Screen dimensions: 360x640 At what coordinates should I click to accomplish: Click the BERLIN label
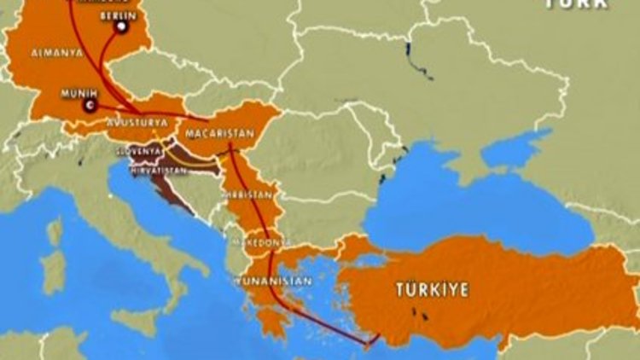[x=116, y=16]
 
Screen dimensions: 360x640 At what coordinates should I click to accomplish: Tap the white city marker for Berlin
[x=121, y=27]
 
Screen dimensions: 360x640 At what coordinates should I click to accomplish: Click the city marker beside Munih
[x=90, y=106]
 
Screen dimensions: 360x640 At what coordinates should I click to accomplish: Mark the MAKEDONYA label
[x=254, y=243]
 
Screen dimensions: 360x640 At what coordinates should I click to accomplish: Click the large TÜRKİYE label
[x=432, y=290]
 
